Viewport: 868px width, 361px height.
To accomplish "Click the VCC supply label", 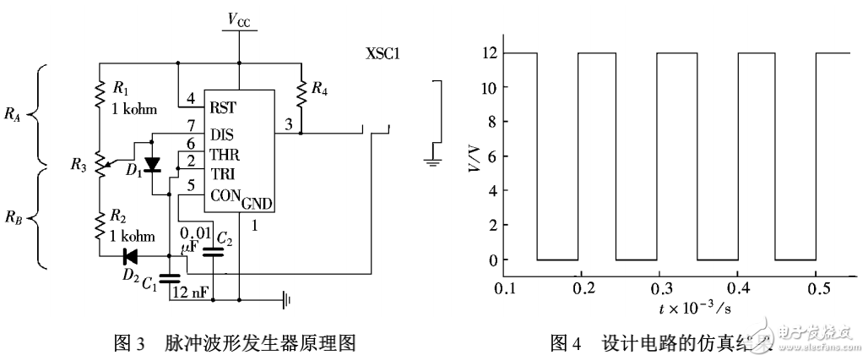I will pyautogui.click(x=239, y=18).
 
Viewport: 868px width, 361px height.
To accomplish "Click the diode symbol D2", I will pyautogui.click(x=130, y=255).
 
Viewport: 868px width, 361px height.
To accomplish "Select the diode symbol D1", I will pyautogui.click(x=152, y=163).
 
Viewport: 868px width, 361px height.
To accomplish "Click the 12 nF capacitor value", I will pyautogui.click(x=192, y=293).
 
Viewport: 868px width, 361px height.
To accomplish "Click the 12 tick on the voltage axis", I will pyautogui.click(x=488, y=52).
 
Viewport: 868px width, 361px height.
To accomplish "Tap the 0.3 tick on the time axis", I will pyautogui.click(x=658, y=288).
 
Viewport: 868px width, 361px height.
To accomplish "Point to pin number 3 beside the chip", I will pyautogui.click(x=290, y=124).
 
